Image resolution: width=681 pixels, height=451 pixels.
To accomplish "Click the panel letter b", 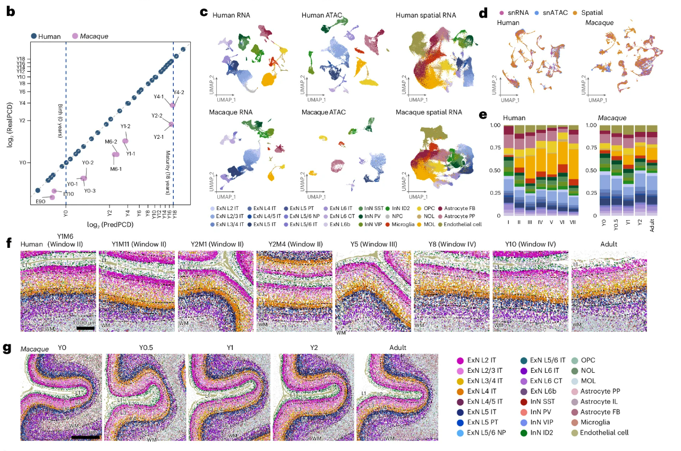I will click(x=10, y=11).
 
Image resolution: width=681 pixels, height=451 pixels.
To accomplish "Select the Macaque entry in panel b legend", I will click(x=93, y=36).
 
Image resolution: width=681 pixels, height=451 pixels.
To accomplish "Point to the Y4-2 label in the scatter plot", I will click(x=178, y=92).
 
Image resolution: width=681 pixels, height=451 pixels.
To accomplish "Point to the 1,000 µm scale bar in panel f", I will click(x=85, y=328).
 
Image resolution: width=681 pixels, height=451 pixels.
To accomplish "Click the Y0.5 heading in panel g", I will click(x=144, y=348).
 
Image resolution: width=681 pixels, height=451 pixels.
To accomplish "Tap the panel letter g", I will click(x=7, y=348).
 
